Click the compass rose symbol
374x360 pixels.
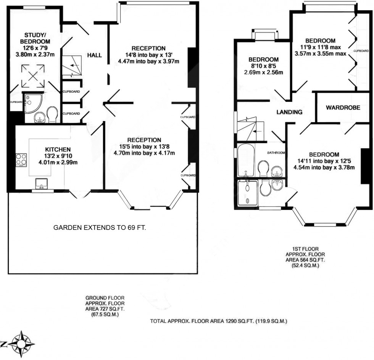point(21,344)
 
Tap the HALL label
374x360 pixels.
point(95,55)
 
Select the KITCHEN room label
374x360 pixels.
point(58,150)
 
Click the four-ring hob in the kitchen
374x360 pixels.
point(21,160)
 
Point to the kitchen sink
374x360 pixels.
point(41,184)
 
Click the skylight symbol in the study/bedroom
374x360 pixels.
point(33,76)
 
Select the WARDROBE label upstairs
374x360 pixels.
point(343,108)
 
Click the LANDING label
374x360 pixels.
point(289,112)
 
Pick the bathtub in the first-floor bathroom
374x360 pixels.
point(247,160)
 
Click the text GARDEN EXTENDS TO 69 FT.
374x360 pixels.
point(100,228)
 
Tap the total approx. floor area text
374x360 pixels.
point(218,321)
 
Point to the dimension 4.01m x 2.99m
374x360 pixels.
point(58,163)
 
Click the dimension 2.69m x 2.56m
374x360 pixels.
point(264,72)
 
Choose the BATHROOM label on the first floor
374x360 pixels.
point(276,153)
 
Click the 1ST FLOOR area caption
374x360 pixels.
point(305,257)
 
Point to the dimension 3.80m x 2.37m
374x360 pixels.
point(35,55)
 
